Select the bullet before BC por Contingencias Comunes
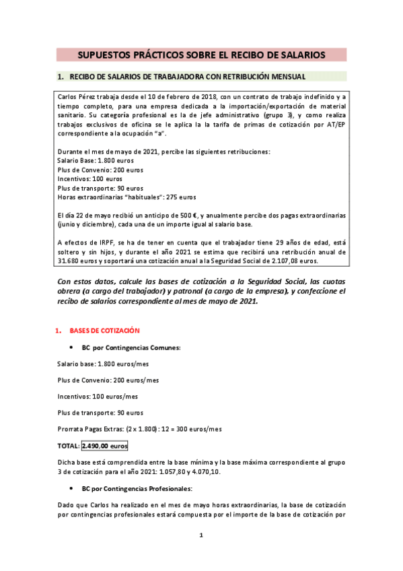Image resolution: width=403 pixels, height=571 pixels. click(71, 347)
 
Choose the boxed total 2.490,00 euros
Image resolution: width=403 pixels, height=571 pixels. click(105, 446)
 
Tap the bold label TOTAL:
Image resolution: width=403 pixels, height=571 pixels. click(68, 446)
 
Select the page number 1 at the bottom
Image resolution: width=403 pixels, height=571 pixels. click(201, 535)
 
